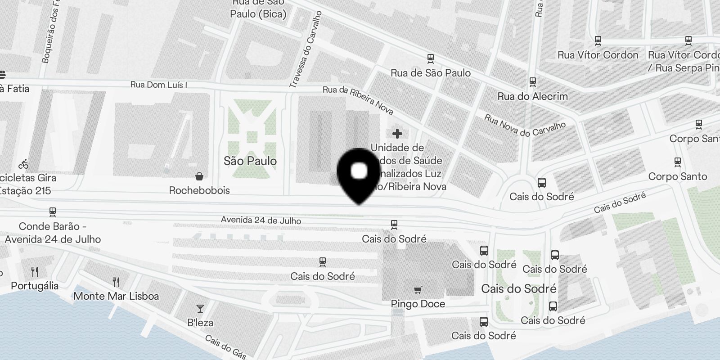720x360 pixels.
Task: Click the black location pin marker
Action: pos(359,173)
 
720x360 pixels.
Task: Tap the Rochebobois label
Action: pos(199,190)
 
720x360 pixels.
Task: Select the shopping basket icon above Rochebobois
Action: pos(199,176)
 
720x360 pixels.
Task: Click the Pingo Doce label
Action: pos(418,304)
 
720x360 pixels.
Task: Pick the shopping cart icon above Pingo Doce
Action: pos(418,290)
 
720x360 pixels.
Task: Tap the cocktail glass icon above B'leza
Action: pos(200,309)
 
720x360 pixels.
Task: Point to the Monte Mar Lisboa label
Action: pos(116,296)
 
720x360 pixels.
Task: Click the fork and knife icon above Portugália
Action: pos(35,271)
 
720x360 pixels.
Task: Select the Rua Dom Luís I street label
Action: pos(158,85)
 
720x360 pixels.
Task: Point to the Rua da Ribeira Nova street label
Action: pos(358,100)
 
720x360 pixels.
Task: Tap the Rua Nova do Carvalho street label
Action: pos(525,125)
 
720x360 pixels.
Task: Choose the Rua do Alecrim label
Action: pos(532,96)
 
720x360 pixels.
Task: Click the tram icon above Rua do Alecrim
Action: pos(533,82)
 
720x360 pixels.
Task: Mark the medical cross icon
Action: pos(397,134)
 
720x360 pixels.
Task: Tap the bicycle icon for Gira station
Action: pos(23,164)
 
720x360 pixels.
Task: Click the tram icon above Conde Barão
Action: pos(53,211)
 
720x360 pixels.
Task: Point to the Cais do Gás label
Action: pos(225,347)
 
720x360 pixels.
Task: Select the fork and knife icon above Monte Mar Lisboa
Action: pos(116,282)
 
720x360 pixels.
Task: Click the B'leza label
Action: pos(200,323)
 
